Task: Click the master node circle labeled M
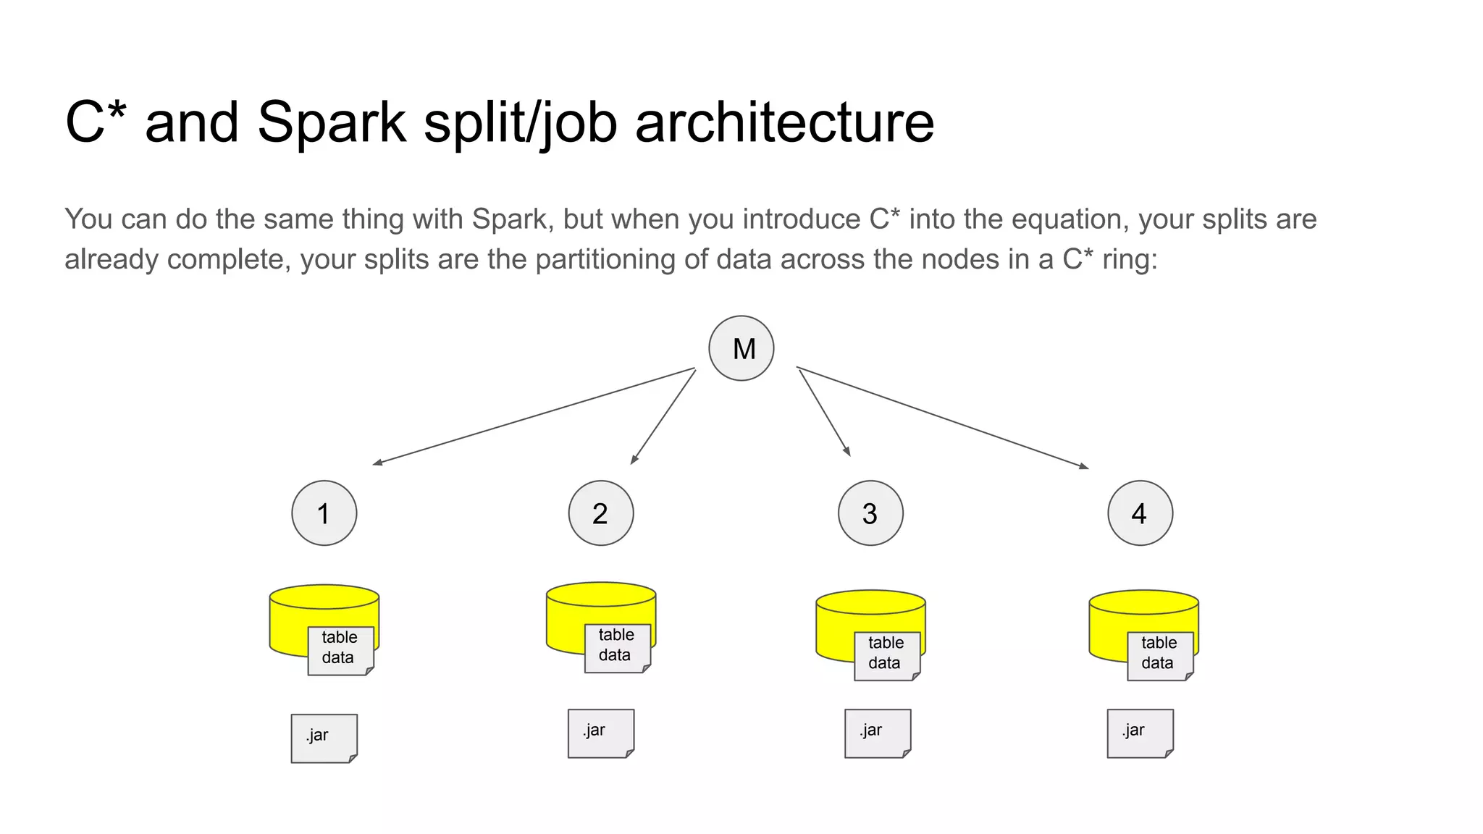pos(741,348)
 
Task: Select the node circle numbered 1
pos(324,513)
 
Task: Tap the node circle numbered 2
pos(600,513)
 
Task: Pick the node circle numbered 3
pos(870,513)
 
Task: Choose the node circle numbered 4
pos(1140,513)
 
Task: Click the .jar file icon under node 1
pos(324,738)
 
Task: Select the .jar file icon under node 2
pos(600,733)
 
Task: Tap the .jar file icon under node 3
pos(877,733)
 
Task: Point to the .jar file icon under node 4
pos(1140,733)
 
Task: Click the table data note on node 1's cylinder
pos(340,649)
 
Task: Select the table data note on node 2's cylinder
pos(616,646)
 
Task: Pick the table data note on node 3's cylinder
pos(886,654)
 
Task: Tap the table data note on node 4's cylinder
pos(1159,654)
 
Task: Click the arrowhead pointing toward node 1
pos(377,463)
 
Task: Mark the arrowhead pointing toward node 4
pos(1084,467)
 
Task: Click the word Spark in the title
pos(331,123)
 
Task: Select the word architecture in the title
pos(784,123)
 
